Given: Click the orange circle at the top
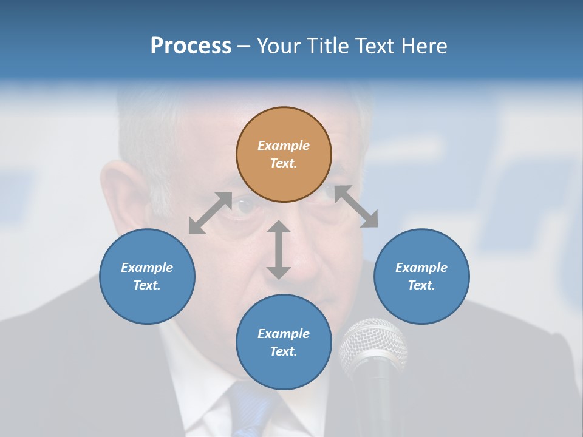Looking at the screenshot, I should click(x=284, y=154).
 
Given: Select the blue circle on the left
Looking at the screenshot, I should click(x=147, y=276).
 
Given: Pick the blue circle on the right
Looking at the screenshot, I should click(x=421, y=276).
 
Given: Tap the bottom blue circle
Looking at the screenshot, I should click(x=284, y=342).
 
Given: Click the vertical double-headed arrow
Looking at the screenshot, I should click(x=279, y=249).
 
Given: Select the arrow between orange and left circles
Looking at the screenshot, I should click(x=210, y=213).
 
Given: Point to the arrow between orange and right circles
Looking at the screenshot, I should click(x=356, y=206).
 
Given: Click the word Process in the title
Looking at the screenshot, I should click(x=191, y=46).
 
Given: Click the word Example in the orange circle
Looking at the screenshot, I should click(x=284, y=146).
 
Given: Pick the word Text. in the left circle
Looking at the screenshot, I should click(x=147, y=285).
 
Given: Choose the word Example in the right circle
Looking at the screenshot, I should click(x=421, y=268).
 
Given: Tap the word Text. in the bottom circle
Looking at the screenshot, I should click(x=284, y=351).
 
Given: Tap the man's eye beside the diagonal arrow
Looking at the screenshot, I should click(x=246, y=206).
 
